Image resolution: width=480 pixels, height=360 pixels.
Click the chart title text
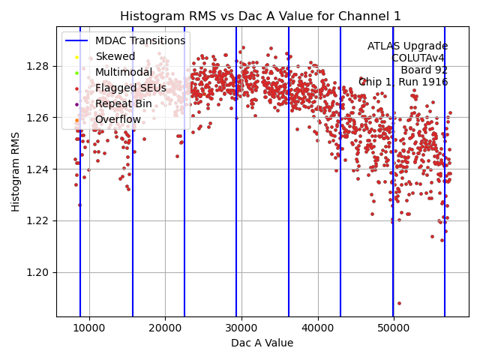(261, 16)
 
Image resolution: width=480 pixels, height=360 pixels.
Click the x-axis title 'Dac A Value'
(262, 343)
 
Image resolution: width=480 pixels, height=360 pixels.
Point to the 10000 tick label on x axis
(89, 328)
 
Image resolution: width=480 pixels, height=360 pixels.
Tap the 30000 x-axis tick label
(241, 328)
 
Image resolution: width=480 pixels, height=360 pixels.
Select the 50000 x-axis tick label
(394, 328)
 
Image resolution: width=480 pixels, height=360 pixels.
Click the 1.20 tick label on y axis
(38, 272)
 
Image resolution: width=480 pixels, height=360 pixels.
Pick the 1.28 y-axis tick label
(38, 66)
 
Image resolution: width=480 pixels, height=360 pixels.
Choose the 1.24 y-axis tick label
(38, 169)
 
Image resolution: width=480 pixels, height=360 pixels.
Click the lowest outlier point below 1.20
(399, 303)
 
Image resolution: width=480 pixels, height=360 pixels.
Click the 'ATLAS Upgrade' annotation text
(407, 46)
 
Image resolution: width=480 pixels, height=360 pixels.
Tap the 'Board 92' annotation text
(424, 70)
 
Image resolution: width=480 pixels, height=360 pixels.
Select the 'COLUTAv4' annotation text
(419, 58)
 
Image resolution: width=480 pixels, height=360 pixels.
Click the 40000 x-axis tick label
(318, 328)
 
